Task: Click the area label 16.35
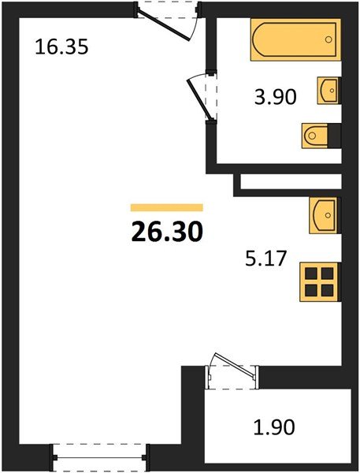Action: [x=61, y=47]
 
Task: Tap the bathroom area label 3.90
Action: [x=275, y=97]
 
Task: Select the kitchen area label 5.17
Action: [x=265, y=259]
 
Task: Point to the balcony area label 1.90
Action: [x=274, y=427]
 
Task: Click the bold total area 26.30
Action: [x=167, y=232]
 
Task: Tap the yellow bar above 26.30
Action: [x=167, y=207]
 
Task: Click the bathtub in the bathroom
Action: [x=295, y=39]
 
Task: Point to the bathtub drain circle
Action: [x=328, y=39]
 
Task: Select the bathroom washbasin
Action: [x=328, y=91]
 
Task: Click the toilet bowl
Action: [x=315, y=136]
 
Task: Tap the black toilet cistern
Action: [x=334, y=136]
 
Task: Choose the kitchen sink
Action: [x=324, y=215]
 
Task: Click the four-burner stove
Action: [x=319, y=282]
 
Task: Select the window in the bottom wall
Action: [x=99, y=457]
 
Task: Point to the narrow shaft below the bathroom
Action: [x=291, y=181]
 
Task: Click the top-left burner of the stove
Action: [x=311, y=274]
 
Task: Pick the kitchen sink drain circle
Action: [x=328, y=215]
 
